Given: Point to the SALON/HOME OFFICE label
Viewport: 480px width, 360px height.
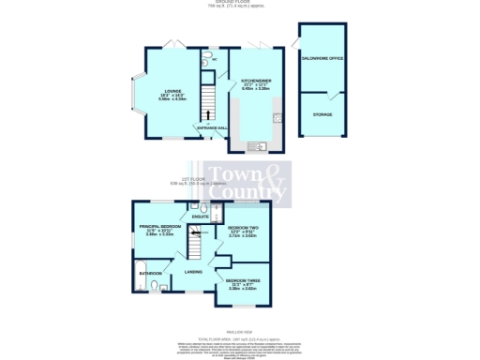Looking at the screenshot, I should [322, 59].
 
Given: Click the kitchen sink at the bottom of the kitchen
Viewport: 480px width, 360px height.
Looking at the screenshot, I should [256, 146].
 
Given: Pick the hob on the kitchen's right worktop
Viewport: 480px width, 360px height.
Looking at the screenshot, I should [277, 117].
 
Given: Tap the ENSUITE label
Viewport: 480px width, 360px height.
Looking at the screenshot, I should [201, 217].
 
